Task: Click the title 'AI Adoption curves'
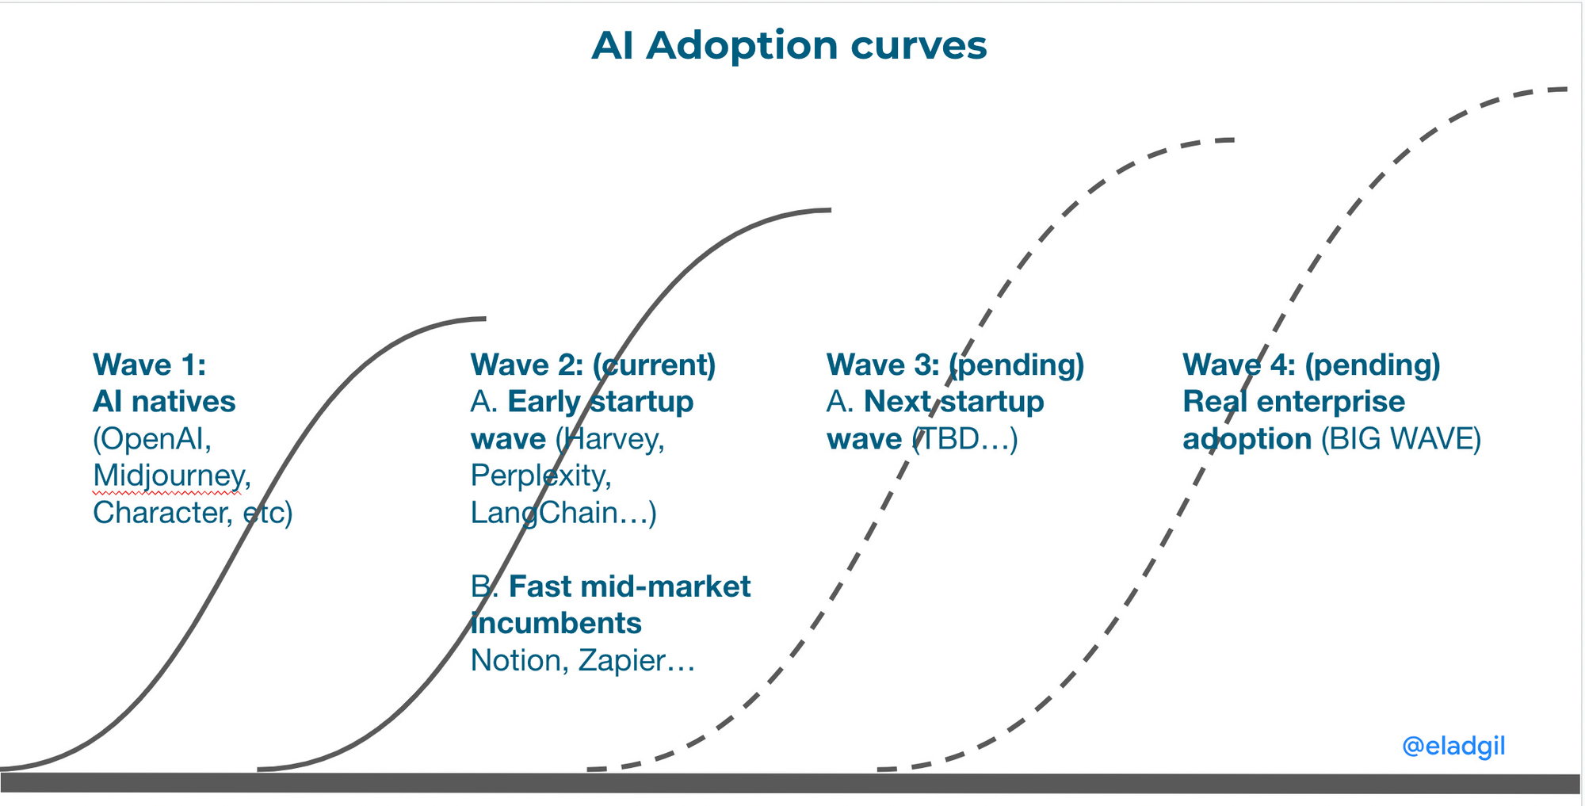[x=789, y=45]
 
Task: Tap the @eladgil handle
[x=1453, y=746]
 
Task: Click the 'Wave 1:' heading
[x=149, y=365]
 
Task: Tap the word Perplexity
[x=538, y=476]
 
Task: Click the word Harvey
[x=611, y=439]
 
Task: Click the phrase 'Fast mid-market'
[x=629, y=587]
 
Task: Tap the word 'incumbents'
[x=556, y=624]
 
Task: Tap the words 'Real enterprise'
[x=1293, y=402]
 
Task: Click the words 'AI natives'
[x=164, y=402]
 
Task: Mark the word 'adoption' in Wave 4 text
[x=1247, y=439]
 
